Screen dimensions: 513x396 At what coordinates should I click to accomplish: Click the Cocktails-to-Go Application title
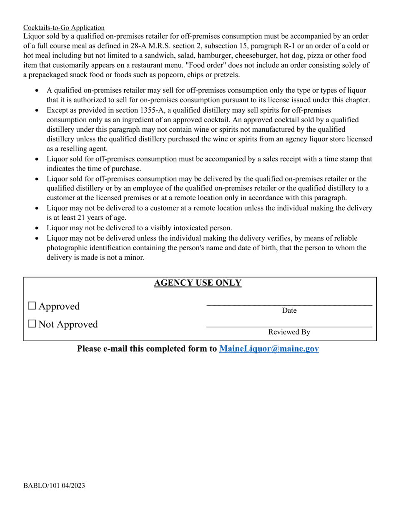click(64, 28)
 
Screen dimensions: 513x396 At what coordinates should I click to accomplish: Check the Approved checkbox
click(32, 306)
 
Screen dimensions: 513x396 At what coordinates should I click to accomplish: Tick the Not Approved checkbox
click(32, 324)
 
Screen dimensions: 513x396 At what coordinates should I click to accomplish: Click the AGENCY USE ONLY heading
click(198, 283)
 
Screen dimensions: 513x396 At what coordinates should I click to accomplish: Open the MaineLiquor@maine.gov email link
click(269, 349)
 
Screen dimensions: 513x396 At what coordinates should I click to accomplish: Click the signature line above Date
click(289, 305)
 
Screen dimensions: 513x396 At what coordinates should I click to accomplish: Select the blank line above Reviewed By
click(289, 327)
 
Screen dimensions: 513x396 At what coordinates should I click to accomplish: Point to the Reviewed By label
click(289, 332)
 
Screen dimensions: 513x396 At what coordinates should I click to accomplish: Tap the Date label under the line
click(289, 311)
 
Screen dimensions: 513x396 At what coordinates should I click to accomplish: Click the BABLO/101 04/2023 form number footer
click(54, 485)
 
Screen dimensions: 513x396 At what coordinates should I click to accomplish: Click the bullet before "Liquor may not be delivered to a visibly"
click(38, 229)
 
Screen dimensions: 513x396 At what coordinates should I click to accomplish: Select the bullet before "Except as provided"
click(38, 111)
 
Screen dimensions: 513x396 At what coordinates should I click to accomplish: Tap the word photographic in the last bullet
click(68, 248)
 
